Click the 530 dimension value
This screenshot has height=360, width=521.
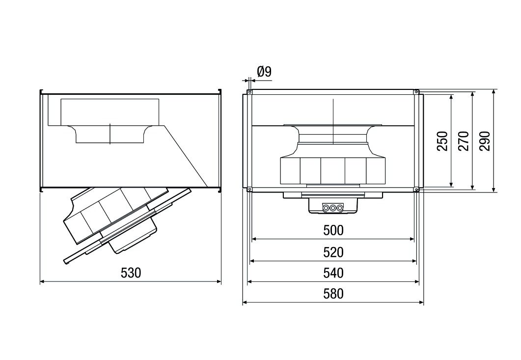tap(131, 273)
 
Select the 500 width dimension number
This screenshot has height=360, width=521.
tap(333, 230)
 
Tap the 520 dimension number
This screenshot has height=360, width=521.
tap(333, 252)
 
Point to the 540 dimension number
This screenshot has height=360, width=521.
tap(333, 273)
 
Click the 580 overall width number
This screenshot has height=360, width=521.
tap(333, 294)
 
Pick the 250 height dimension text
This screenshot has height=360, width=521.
tap(442, 141)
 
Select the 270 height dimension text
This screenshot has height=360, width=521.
tap(464, 141)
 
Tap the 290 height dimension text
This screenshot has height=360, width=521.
tap(485, 141)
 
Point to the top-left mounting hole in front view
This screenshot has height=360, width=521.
tap(250, 92)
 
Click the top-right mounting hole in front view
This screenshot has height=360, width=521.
tap(416, 92)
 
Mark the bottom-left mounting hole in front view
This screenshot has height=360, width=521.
tap(250, 190)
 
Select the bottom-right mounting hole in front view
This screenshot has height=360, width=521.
tap(416, 190)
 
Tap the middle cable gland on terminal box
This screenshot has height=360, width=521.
tap(333, 208)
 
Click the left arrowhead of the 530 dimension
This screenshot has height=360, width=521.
tap(41, 281)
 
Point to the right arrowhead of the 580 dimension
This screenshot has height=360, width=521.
tap(422, 303)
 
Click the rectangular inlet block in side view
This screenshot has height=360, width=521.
tap(110, 111)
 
